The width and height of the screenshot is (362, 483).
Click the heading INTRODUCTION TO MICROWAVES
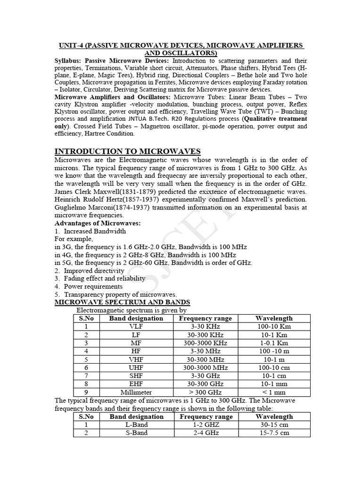[x=128, y=151]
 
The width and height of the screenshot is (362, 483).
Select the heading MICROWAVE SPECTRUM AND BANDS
[x=123, y=302]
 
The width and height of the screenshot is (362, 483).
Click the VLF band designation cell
[x=136, y=326]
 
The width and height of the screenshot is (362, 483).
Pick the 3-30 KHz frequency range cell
[x=206, y=326]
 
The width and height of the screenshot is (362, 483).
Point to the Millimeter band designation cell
[x=136, y=392]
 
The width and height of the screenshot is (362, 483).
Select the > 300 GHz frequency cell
[x=206, y=392]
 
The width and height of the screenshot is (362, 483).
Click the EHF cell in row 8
[x=136, y=384]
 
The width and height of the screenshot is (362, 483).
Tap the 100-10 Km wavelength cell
[x=274, y=326]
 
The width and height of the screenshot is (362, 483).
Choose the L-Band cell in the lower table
[x=136, y=425]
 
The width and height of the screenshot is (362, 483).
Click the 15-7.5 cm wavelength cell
[x=274, y=433]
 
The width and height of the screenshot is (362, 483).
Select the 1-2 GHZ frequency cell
[x=206, y=425]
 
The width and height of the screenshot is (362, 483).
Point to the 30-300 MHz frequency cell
[x=206, y=359]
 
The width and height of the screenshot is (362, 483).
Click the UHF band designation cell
[x=136, y=367]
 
